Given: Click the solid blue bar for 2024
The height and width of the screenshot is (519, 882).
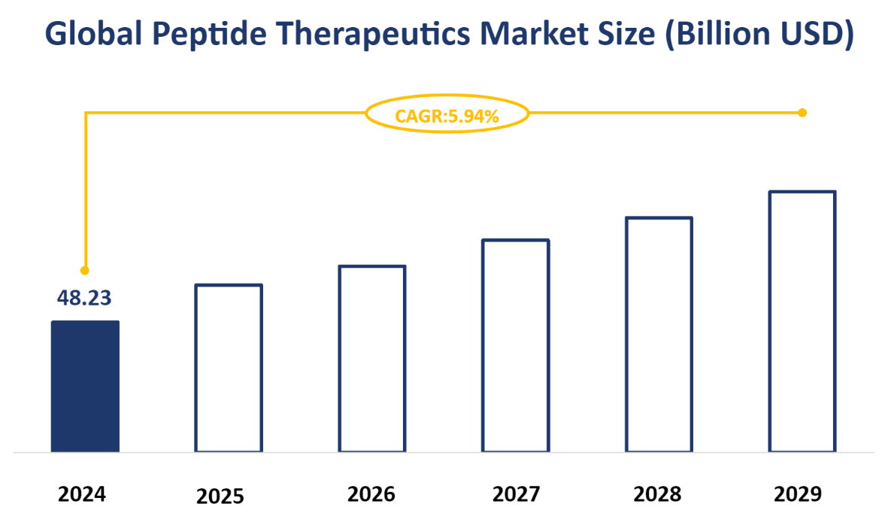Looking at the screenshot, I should (x=85, y=386).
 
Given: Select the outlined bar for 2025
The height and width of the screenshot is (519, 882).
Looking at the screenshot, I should (x=229, y=368).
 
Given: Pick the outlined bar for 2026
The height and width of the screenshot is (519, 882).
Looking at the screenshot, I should (x=372, y=358).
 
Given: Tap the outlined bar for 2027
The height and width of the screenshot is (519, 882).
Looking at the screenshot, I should (x=516, y=345).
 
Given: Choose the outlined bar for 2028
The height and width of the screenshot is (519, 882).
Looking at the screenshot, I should (x=659, y=334).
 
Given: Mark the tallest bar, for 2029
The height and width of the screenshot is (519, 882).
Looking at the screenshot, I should (x=802, y=321).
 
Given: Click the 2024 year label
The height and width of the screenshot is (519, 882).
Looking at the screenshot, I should (x=83, y=494).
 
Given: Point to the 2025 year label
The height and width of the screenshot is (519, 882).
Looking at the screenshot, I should (x=220, y=496).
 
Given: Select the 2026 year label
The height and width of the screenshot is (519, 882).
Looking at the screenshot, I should (x=371, y=494).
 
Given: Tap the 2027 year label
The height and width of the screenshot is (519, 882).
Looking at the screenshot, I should (x=516, y=494).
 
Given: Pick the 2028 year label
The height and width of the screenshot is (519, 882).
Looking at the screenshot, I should (x=657, y=494).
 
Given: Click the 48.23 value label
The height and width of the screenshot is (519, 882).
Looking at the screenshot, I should (x=84, y=298).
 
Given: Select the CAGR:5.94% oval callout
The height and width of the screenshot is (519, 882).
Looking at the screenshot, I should (x=447, y=115).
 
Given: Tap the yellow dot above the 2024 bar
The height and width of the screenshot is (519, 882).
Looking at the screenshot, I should (x=85, y=270).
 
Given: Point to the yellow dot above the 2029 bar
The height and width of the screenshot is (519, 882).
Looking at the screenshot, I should (x=802, y=113).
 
